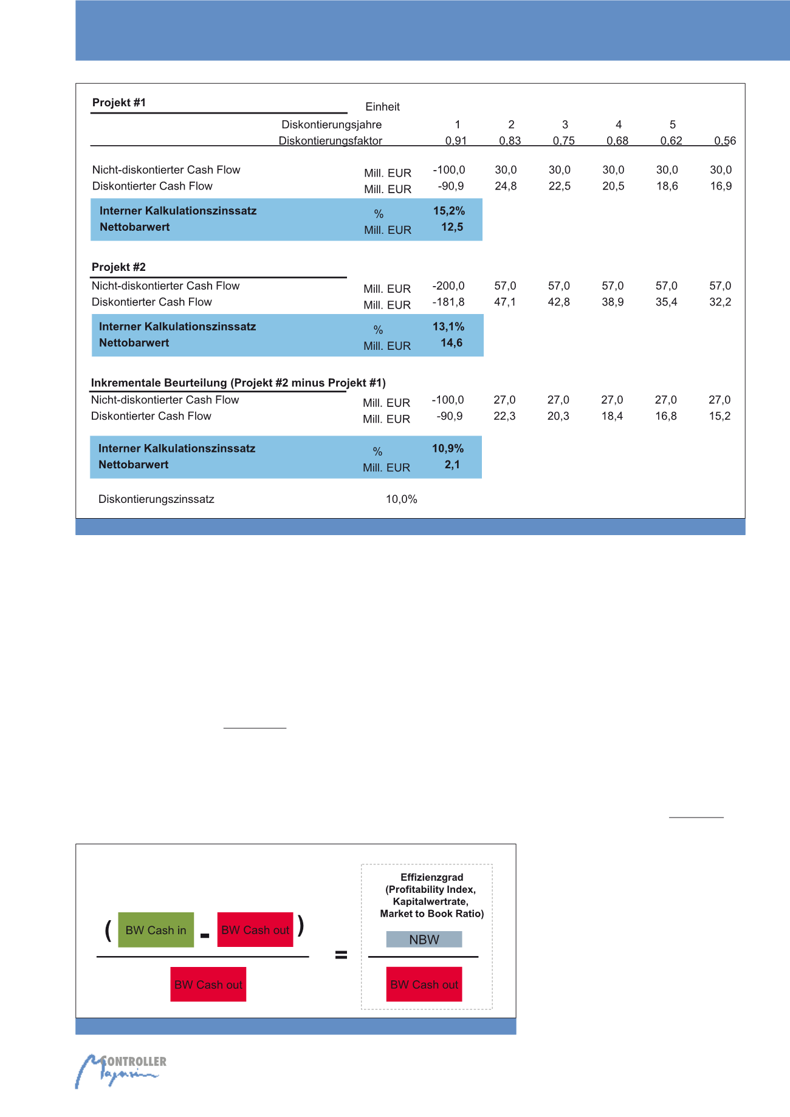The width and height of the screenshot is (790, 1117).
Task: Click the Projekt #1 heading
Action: click(x=119, y=103)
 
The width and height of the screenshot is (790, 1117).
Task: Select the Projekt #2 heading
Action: click(x=118, y=267)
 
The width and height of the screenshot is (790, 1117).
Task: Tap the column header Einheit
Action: click(x=382, y=107)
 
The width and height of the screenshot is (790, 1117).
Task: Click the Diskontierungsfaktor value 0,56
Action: click(x=725, y=141)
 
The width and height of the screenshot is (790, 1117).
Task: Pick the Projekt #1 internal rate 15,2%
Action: click(x=448, y=211)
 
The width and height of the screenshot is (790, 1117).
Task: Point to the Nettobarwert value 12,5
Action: click(x=452, y=227)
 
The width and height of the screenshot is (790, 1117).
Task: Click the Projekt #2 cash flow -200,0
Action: click(x=448, y=286)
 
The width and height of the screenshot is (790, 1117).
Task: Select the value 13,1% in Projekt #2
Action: click(x=448, y=327)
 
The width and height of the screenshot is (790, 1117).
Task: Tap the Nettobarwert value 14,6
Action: click(x=452, y=343)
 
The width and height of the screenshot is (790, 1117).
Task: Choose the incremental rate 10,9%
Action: click(x=448, y=449)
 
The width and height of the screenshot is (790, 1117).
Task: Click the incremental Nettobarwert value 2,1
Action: click(x=452, y=465)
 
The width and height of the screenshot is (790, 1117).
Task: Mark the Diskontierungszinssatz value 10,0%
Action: click(x=402, y=499)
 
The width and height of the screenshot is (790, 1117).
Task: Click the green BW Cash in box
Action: click(x=156, y=930)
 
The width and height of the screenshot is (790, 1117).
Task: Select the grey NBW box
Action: click(x=424, y=940)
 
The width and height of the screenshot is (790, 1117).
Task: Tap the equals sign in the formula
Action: click(x=341, y=955)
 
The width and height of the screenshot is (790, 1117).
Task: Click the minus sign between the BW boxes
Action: click(x=205, y=937)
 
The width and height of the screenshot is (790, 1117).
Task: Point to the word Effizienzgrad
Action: click(x=431, y=877)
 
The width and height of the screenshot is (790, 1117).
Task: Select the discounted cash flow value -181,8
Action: click(x=448, y=302)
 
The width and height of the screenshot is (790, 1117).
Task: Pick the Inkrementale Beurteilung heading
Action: click(x=238, y=383)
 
